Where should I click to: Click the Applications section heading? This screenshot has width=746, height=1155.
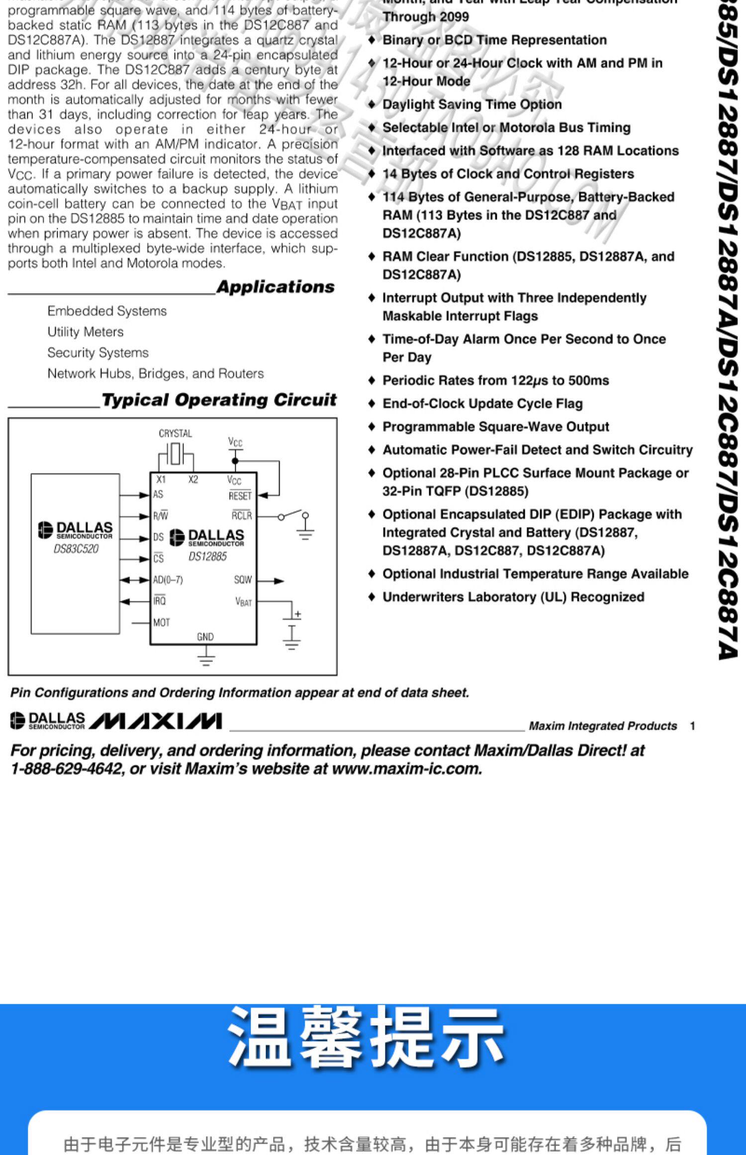(x=276, y=287)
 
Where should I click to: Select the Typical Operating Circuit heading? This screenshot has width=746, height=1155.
(x=219, y=400)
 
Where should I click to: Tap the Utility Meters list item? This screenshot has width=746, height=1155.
(x=86, y=332)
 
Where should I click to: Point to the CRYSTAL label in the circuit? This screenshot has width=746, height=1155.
(x=175, y=434)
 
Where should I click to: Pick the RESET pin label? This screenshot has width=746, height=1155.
(x=240, y=496)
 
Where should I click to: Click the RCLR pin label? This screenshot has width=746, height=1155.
(x=242, y=516)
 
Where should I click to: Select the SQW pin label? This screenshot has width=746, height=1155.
(x=243, y=580)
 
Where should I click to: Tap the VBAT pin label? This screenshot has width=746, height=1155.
(x=243, y=602)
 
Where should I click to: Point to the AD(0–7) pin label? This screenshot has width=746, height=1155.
(x=168, y=580)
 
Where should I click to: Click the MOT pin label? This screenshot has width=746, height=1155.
(x=162, y=623)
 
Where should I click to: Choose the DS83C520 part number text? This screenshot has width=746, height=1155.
(x=76, y=549)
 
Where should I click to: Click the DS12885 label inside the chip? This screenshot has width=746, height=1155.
(x=207, y=557)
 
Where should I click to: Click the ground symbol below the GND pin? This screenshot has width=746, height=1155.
(x=206, y=660)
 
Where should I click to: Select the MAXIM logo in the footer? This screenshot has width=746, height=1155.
(x=156, y=721)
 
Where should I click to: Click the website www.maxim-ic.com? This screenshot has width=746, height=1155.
(x=407, y=769)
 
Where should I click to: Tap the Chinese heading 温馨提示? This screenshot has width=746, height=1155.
(x=366, y=1038)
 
